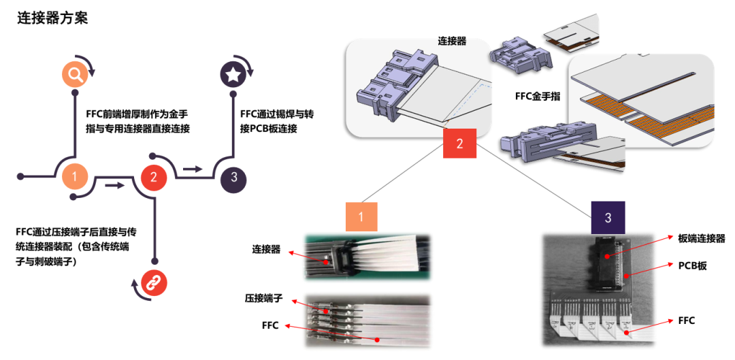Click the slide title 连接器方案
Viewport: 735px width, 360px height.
pos(52,18)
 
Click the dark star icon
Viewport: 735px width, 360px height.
pos(233,73)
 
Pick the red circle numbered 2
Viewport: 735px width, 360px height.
pos(154,178)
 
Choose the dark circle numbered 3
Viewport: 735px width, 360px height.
pos(233,178)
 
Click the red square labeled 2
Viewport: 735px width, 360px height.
pos(459,144)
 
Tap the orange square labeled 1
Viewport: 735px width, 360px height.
pos(361,217)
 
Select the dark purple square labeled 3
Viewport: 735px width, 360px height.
pos(608,217)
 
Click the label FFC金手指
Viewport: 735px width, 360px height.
pos(538,97)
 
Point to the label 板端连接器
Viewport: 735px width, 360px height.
pos(702,238)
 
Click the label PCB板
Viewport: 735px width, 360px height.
pos(693,265)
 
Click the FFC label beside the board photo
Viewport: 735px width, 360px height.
pos(687,320)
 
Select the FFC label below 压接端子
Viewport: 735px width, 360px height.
pos(270,325)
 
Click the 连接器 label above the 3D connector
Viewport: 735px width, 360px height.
pos(452,41)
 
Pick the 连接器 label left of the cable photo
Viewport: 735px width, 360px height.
pos(266,250)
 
